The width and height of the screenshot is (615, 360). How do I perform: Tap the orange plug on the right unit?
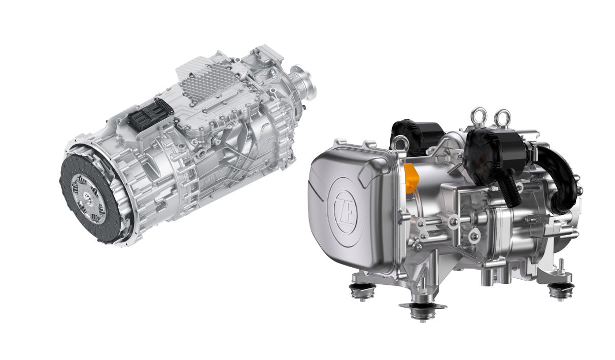tap(411, 178)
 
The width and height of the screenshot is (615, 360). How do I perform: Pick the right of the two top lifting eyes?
tap(502, 118)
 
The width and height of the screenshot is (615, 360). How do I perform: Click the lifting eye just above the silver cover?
tap(399, 143)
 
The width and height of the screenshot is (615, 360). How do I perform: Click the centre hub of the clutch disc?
tap(88, 199)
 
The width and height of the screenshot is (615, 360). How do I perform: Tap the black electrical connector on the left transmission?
tap(150, 115)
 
